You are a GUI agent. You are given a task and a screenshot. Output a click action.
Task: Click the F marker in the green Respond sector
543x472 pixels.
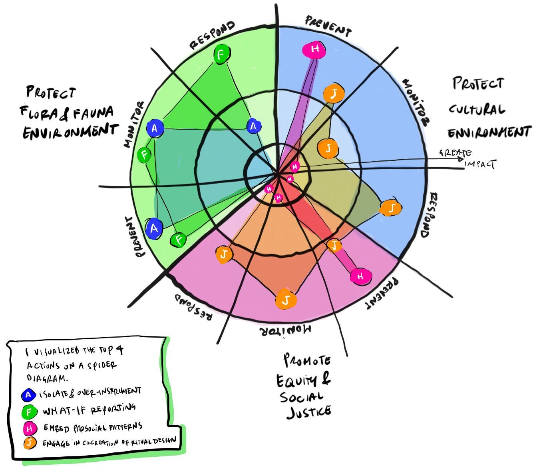(x=221, y=54)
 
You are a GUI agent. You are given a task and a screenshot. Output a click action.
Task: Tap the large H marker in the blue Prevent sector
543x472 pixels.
(x=315, y=49)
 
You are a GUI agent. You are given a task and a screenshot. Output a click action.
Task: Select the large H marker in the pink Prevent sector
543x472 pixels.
(x=361, y=276)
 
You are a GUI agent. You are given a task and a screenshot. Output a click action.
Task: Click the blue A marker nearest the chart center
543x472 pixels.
(x=253, y=126)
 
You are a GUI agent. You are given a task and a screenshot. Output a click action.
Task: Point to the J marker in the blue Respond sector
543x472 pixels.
(x=390, y=208)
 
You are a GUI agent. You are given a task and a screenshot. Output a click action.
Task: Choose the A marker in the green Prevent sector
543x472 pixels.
(x=154, y=229)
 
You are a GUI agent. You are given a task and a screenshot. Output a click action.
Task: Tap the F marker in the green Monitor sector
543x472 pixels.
(x=144, y=155)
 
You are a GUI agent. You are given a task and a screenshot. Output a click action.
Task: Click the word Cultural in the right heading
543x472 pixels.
(x=477, y=109)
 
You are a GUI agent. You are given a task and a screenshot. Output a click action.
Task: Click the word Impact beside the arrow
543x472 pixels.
(x=480, y=164)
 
